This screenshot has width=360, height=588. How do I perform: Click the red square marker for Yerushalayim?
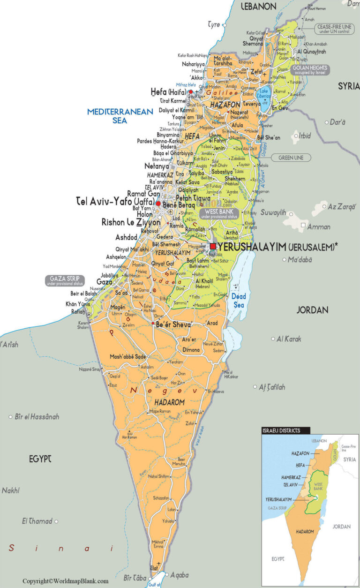click(x=213, y=246)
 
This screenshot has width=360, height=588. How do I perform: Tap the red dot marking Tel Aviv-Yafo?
click(x=158, y=204)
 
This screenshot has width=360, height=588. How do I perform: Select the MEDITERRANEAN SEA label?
click(x=120, y=116)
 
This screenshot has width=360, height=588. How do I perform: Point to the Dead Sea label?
click(x=239, y=300)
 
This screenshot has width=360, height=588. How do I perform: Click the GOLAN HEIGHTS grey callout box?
click(x=310, y=70)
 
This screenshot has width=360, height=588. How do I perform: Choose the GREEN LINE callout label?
click(x=294, y=158)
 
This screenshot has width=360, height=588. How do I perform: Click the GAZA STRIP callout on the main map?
click(x=64, y=281)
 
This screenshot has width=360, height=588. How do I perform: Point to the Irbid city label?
click(x=305, y=136)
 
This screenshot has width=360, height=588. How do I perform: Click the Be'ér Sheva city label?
click(x=173, y=325)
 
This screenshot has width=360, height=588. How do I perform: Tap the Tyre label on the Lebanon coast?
click(x=214, y=24)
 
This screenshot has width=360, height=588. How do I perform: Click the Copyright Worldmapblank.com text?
click(x=66, y=581)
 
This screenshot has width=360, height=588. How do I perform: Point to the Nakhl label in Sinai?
click(x=11, y=490)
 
